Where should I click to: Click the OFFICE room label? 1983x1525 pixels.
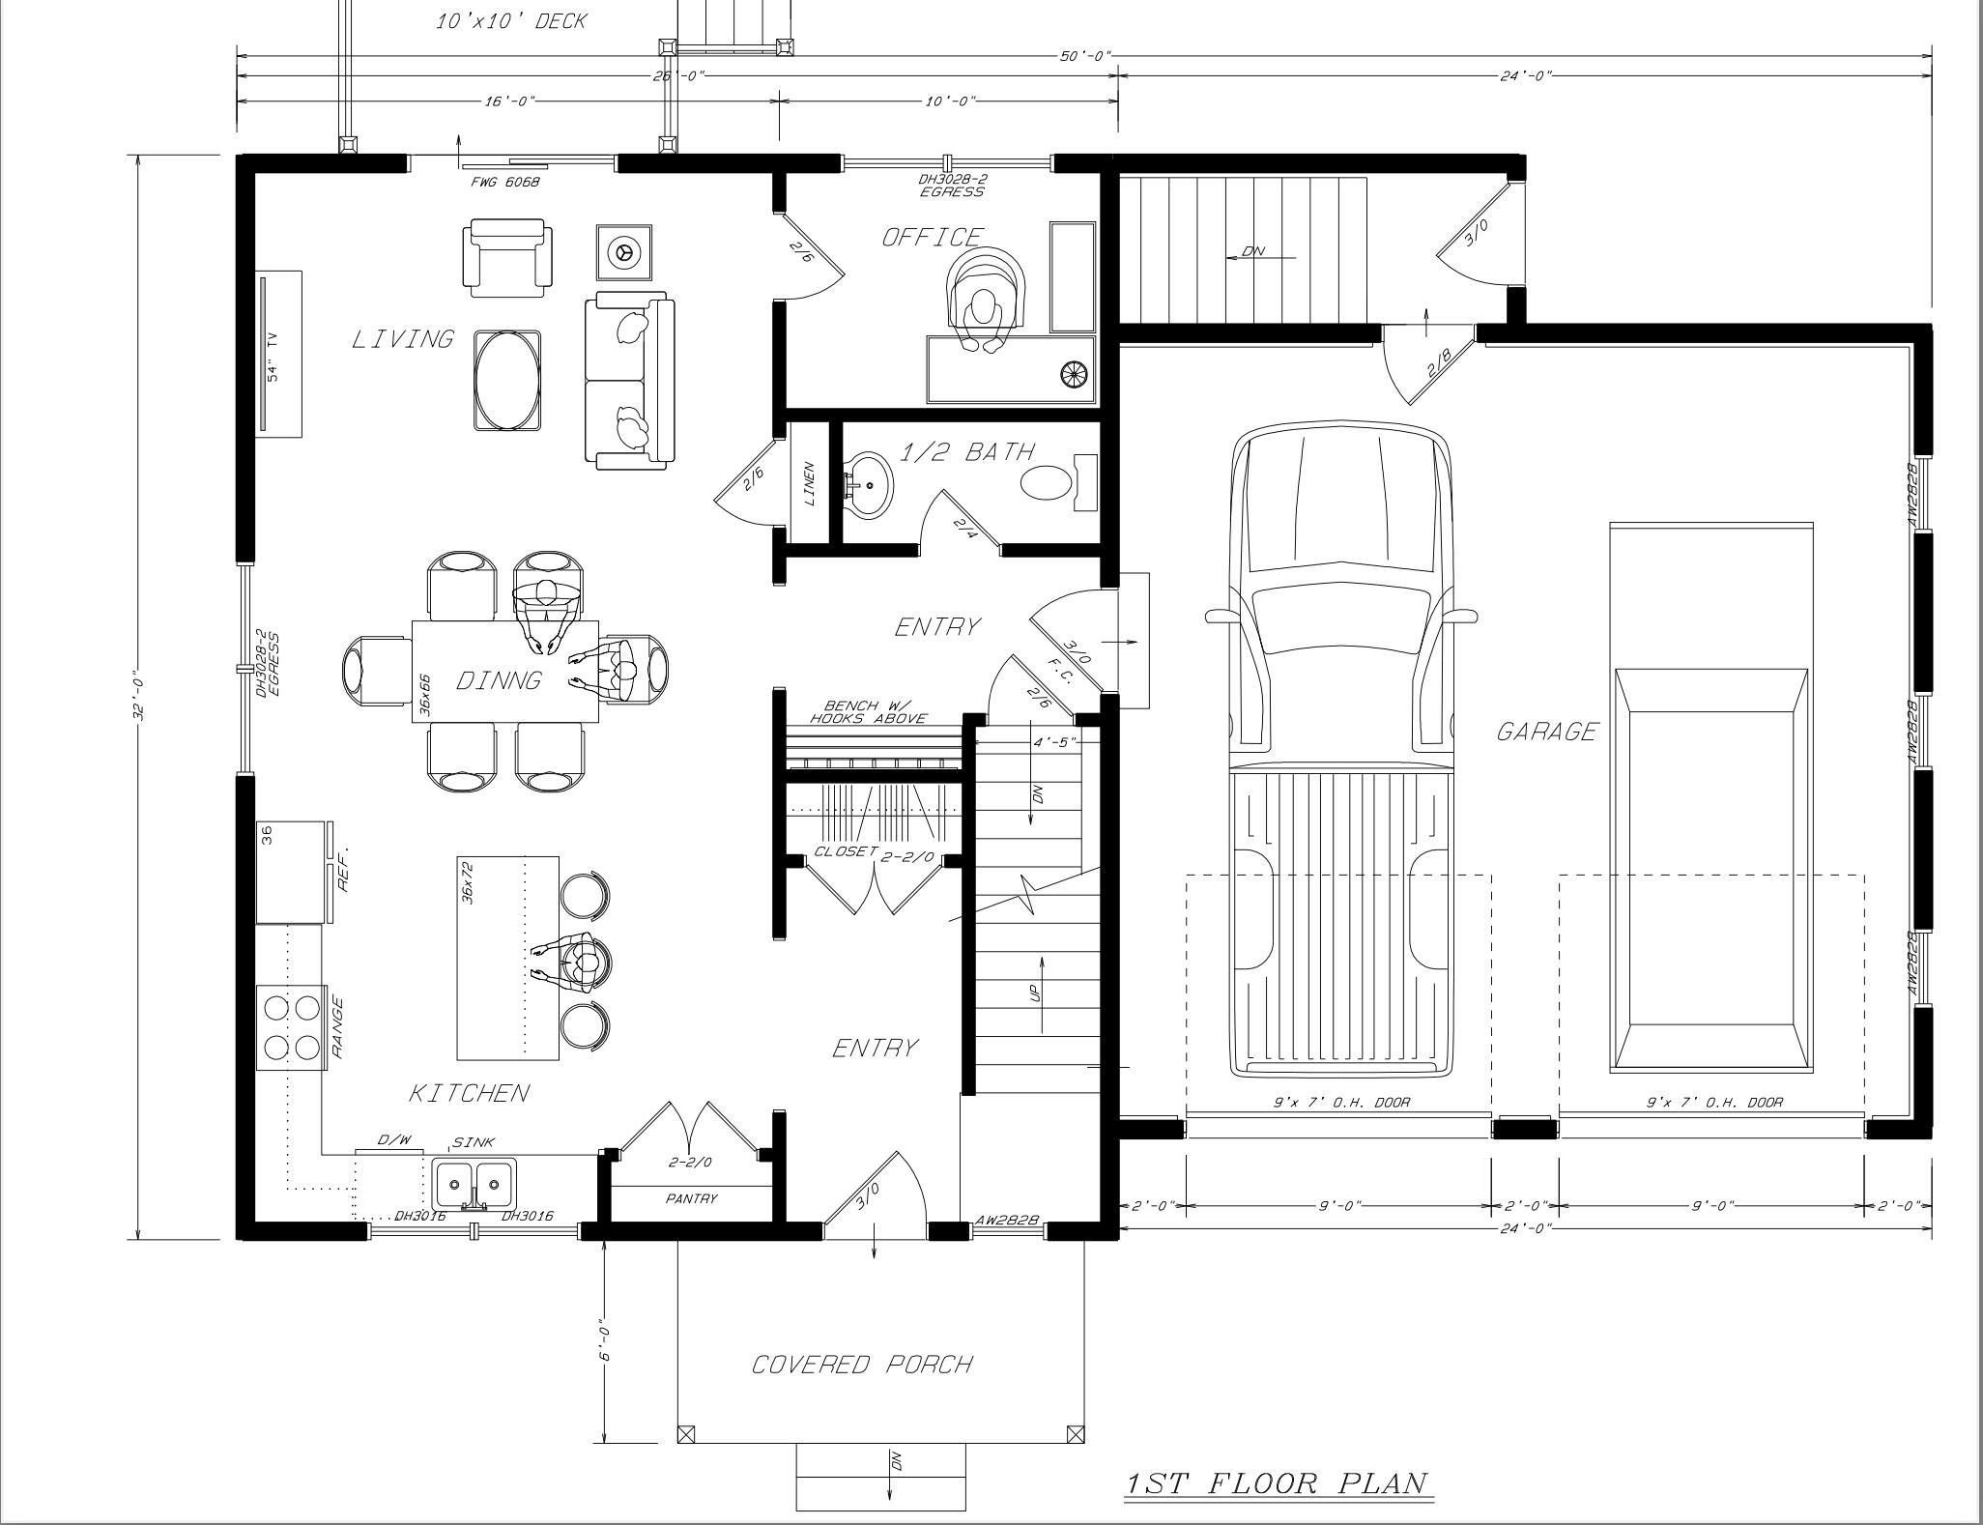click(932, 237)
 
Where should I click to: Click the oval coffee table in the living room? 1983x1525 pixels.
click(507, 380)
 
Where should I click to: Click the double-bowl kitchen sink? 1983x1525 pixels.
click(474, 1181)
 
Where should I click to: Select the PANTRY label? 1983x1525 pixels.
click(692, 1198)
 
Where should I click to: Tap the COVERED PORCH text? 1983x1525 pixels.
click(862, 1365)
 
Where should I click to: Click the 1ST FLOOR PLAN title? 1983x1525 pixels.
click(1277, 1482)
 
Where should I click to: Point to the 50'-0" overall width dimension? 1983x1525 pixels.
click(1085, 56)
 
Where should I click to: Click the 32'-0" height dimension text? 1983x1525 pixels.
click(139, 695)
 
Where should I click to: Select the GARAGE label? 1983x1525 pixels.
click(1546, 732)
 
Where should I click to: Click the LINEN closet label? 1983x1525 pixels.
click(809, 483)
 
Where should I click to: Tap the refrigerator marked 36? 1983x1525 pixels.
click(289, 872)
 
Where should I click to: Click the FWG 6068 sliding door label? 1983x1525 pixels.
click(504, 182)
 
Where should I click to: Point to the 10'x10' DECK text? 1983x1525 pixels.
click(510, 21)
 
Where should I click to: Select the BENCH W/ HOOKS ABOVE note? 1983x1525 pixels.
click(868, 712)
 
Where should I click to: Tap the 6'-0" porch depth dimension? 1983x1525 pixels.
click(604, 1340)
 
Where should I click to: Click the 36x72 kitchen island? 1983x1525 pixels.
click(508, 957)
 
